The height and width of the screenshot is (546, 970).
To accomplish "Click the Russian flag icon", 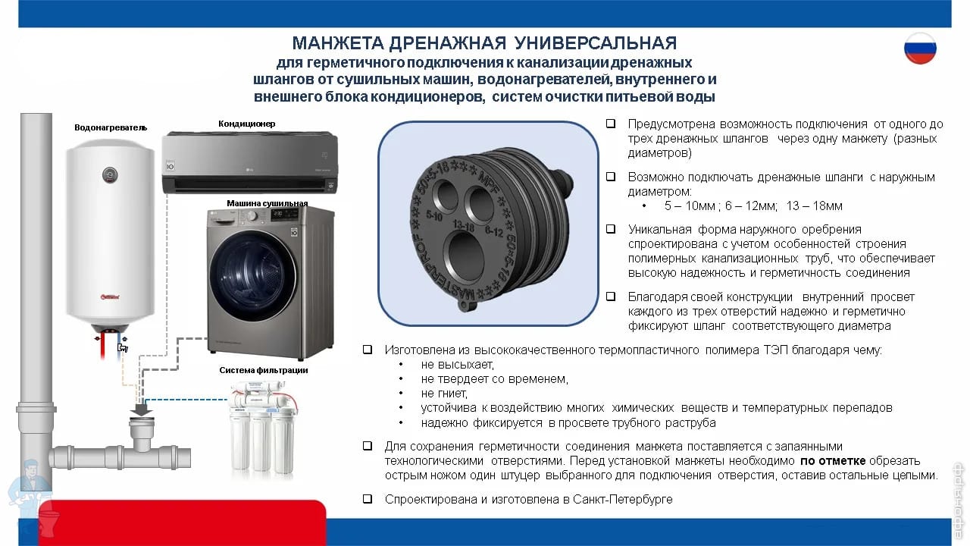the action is [920, 48].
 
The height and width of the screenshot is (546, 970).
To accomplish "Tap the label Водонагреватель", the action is [111, 127].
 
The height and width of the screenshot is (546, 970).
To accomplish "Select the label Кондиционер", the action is [247, 124].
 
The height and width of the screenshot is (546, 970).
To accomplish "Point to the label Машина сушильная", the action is [268, 202].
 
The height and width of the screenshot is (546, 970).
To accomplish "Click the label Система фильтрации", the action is [263, 370].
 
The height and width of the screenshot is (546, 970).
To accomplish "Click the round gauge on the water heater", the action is [111, 175].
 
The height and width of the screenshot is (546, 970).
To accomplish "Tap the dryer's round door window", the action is [252, 276].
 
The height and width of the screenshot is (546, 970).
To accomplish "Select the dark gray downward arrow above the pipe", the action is [141, 409].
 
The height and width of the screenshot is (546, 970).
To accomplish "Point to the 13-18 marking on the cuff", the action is [463, 225].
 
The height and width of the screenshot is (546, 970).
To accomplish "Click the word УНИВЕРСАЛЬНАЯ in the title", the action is [596, 43].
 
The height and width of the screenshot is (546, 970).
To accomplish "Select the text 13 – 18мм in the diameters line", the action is [814, 206].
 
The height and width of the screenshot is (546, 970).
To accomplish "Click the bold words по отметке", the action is [833, 460].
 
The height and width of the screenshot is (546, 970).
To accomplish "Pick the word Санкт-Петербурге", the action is [623, 499].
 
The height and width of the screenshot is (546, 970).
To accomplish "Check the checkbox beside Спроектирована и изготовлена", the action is [368, 499].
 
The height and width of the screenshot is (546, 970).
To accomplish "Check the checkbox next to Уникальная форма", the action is [611, 229].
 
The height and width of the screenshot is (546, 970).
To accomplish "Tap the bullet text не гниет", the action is [444, 394].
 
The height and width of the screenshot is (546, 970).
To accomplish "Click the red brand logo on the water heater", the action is [110, 297].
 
